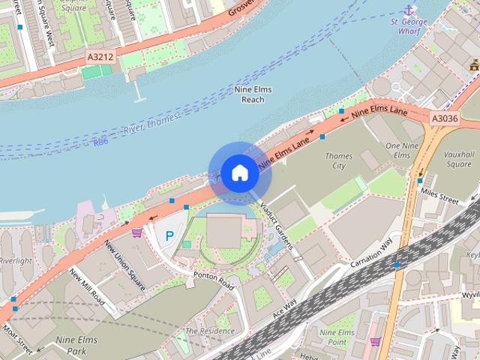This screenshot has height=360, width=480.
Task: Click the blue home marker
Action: (238, 172)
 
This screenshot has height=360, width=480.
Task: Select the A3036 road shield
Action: (444, 118)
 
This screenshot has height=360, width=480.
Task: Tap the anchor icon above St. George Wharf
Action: (409, 10)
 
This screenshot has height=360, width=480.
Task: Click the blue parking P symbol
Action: (169, 235)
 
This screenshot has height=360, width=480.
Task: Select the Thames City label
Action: (339, 160)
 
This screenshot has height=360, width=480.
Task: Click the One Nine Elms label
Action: (397, 149)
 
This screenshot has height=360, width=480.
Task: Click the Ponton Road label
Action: (214, 280)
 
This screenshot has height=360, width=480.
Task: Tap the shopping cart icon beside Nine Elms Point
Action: (375, 341)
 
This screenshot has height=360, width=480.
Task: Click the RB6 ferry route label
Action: (100, 141)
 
